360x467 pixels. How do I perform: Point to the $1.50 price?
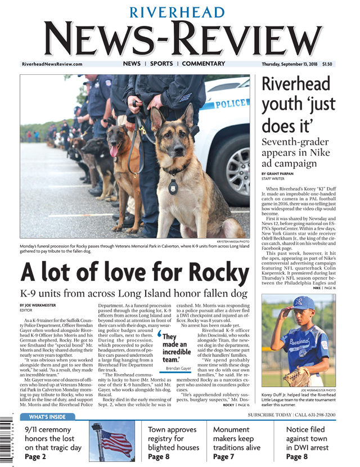327,64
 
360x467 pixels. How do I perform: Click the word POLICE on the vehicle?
231,104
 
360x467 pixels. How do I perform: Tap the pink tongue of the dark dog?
115,151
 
